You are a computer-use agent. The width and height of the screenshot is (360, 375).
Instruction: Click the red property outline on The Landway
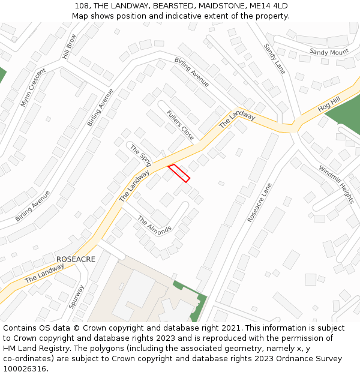coord(178,172)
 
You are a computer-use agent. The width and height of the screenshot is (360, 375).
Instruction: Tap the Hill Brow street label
coord(69,46)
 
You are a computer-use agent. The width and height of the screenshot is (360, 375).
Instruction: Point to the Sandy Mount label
coord(329,52)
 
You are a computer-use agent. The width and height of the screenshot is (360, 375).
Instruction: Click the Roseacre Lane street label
coord(260,203)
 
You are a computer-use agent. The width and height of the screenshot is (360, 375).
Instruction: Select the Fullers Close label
coord(181,125)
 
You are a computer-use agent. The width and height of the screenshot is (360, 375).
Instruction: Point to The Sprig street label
coord(140,156)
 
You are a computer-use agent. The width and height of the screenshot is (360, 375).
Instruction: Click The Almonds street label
coord(154,224)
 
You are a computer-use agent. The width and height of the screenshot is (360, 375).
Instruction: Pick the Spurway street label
coord(76,296)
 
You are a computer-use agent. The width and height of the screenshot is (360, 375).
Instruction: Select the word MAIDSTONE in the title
coord(217,6)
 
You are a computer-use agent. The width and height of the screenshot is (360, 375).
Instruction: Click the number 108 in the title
coord(83,6)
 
